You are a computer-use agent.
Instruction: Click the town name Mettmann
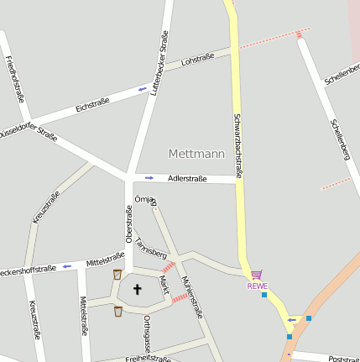click(196, 154)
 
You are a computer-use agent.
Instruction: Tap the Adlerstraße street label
click(187, 179)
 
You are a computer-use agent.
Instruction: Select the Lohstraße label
click(198, 59)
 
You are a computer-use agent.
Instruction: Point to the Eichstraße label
click(92, 105)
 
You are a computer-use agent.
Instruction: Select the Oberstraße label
click(129, 224)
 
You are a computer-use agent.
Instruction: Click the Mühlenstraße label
click(191, 296)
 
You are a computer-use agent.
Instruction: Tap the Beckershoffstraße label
click(27, 270)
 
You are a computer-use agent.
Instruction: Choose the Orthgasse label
click(146, 333)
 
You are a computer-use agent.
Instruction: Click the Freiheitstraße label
click(147, 359)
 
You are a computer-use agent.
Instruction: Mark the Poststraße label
click(344, 356)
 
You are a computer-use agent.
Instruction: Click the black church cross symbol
click(138, 289)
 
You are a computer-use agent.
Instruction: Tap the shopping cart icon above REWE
click(257, 274)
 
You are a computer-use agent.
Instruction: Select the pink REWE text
click(257, 286)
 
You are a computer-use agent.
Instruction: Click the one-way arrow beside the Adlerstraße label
click(149, 177)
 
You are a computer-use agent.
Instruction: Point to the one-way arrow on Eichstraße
click(142, 88)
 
